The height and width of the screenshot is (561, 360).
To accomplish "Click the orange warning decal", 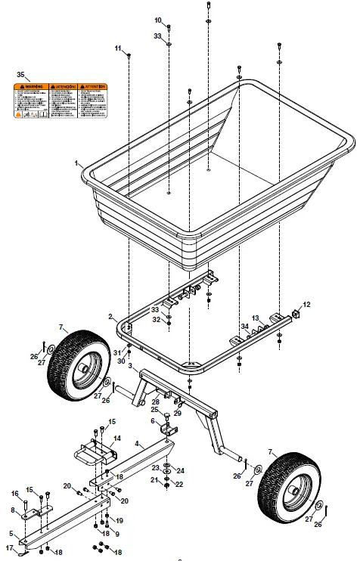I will click(60, 101).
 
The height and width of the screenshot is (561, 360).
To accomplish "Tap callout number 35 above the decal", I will click(21, 75).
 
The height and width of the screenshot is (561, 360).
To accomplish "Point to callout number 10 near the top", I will click(158, 20).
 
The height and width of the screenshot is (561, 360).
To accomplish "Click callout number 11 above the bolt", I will click(118, 48).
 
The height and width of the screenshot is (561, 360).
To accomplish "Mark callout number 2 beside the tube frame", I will click(110, 316).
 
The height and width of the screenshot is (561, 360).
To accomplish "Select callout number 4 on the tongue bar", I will click(136, 443).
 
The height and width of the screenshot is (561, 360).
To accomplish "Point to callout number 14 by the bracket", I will click(116, 438).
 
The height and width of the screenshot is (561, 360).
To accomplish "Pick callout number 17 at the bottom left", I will click(11, 547).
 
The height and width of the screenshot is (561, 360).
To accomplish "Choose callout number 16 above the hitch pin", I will click(14, 494).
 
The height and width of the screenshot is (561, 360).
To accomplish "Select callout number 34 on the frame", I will click(244, 326).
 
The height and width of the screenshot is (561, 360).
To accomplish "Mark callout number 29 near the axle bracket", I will click(178, 413).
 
